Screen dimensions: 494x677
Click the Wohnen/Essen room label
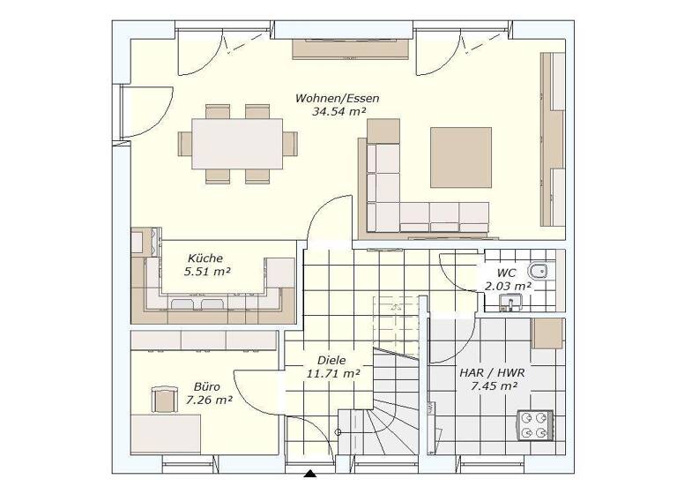coord(337,98)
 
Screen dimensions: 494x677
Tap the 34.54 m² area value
coord(338,112)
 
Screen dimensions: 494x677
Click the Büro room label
coord(206,386)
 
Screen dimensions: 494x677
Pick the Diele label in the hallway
coord(331,360)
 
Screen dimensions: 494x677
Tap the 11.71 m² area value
coord(332,374)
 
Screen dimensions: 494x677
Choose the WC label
coord(506,273)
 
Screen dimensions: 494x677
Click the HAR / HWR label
coord(492,372)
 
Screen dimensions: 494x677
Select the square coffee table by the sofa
coord(460,158)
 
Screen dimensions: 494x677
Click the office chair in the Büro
coord(164,400)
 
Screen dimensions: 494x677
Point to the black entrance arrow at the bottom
coord(310,477)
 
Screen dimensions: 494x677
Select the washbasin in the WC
coord(509,303)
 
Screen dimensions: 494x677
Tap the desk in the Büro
coord(167,433)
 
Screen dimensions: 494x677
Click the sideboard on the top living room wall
coord(351,49)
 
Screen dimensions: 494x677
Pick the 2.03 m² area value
coord(508,286)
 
